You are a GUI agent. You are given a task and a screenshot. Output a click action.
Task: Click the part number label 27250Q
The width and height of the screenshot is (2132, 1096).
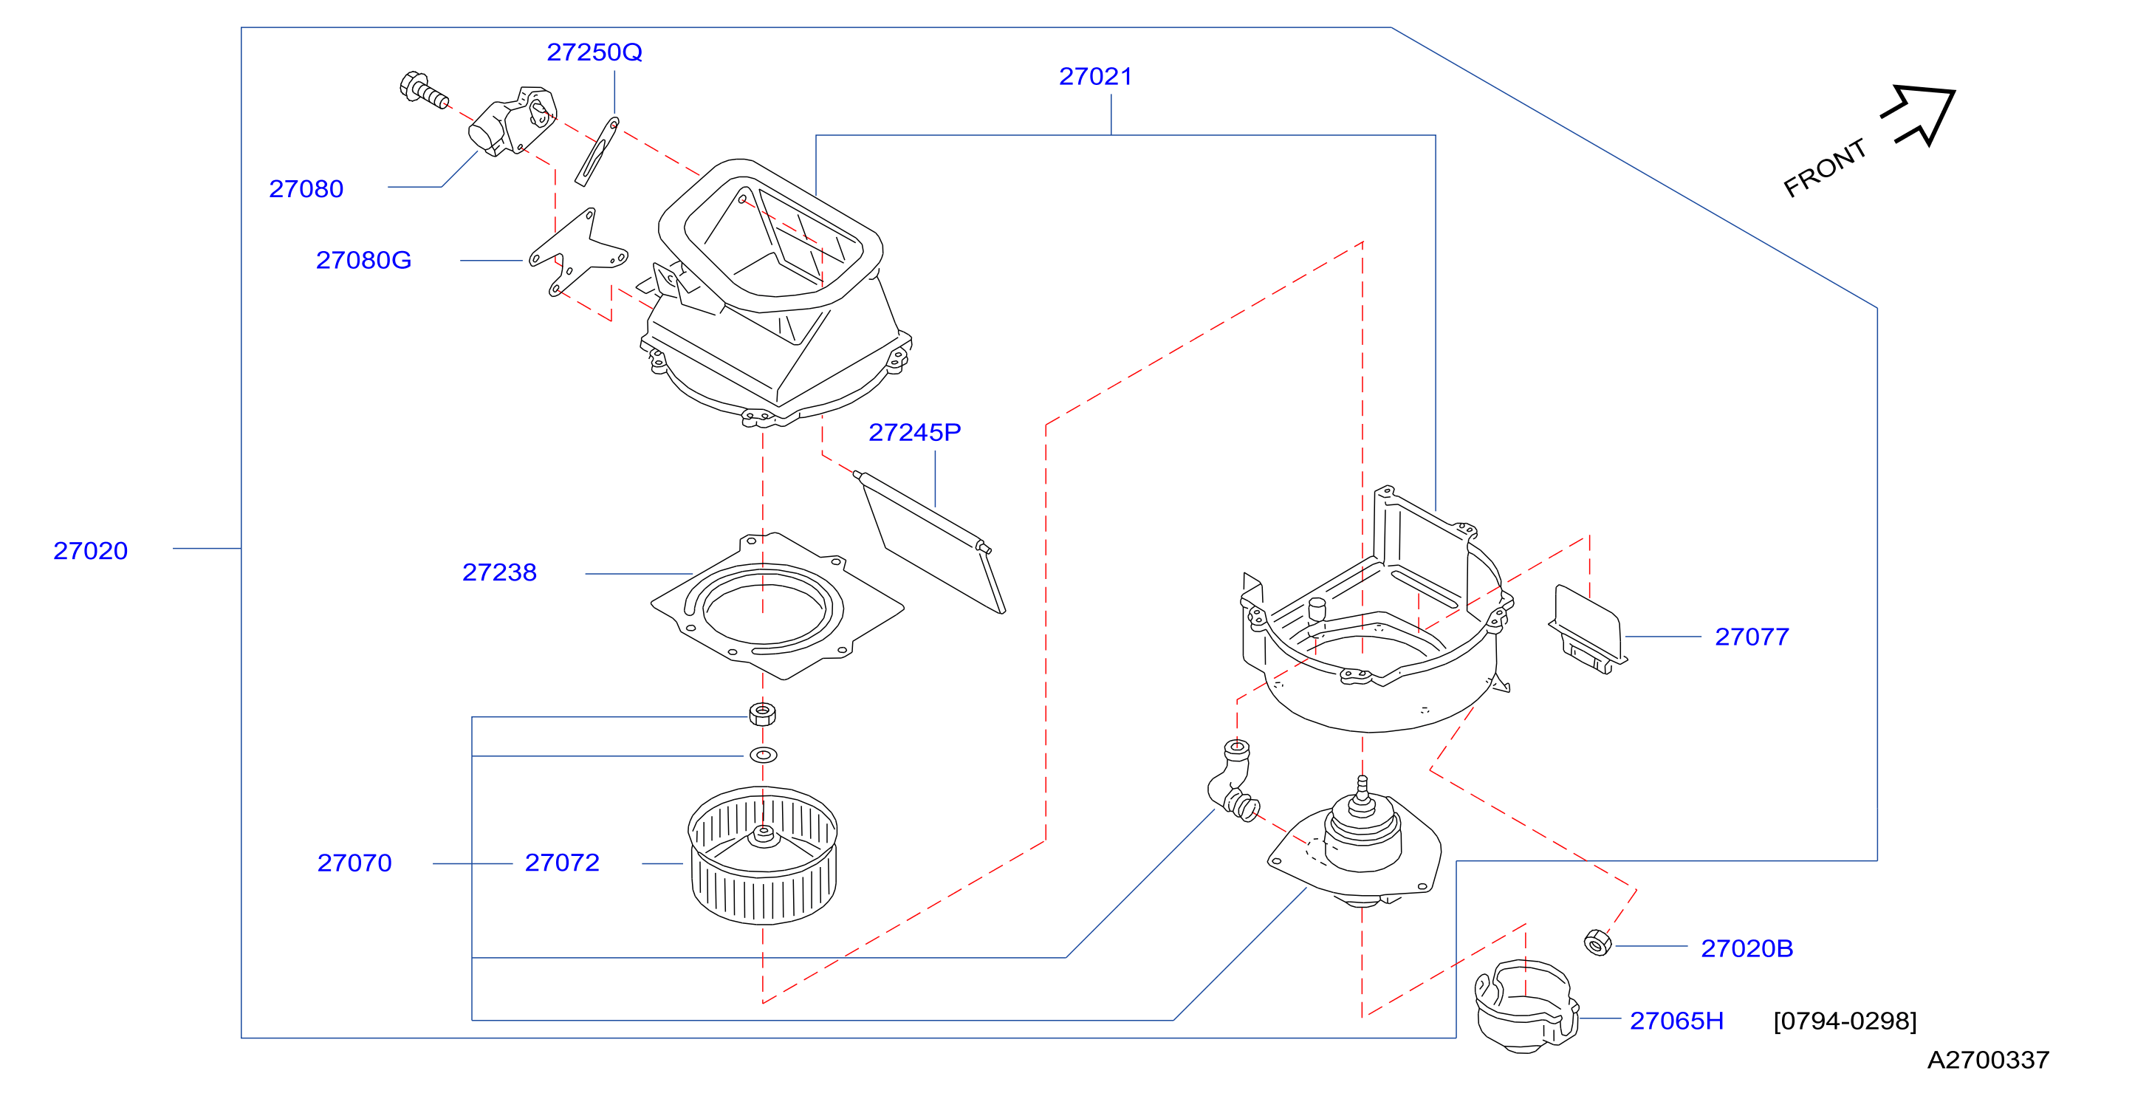tap(594, 52)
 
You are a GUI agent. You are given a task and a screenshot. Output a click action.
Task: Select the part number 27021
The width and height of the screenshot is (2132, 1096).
tap(1095, 76)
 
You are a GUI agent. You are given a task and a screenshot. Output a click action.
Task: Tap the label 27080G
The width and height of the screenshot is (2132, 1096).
tap(363, 260)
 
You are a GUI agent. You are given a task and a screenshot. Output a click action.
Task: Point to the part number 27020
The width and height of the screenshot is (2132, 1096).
tap(90, 550)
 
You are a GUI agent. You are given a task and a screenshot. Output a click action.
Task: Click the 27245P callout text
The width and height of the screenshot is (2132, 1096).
tap(914, 432)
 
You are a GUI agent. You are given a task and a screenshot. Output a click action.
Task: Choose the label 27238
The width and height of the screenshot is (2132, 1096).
tap(499, 572)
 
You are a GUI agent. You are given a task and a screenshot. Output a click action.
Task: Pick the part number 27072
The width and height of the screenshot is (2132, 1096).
tap(562, 863)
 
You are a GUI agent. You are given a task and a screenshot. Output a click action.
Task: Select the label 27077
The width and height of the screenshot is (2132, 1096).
tap(1751, 637)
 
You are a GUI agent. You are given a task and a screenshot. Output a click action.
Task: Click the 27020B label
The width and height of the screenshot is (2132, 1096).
tap(1747, 948)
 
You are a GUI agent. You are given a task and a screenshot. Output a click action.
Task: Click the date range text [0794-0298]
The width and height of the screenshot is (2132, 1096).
tap(1845, 1021)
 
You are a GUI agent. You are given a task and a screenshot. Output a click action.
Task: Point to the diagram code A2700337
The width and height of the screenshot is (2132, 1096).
tap(1988, 1060)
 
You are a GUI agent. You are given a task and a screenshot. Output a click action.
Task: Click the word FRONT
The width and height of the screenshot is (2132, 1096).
tap(1824, 168)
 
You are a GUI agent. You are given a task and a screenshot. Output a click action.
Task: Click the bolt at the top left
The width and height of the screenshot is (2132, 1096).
tap(424, 89)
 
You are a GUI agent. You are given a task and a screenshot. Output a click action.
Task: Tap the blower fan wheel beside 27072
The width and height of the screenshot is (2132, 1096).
tap(762, 855)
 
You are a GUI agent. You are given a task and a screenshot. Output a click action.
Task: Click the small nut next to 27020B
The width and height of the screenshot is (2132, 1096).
tap(1597, 942)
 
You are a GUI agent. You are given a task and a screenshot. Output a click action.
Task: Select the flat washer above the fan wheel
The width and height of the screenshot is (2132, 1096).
tap(763, 755)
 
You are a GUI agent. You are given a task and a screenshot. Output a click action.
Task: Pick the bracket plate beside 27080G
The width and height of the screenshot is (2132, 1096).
tap(578, 253)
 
